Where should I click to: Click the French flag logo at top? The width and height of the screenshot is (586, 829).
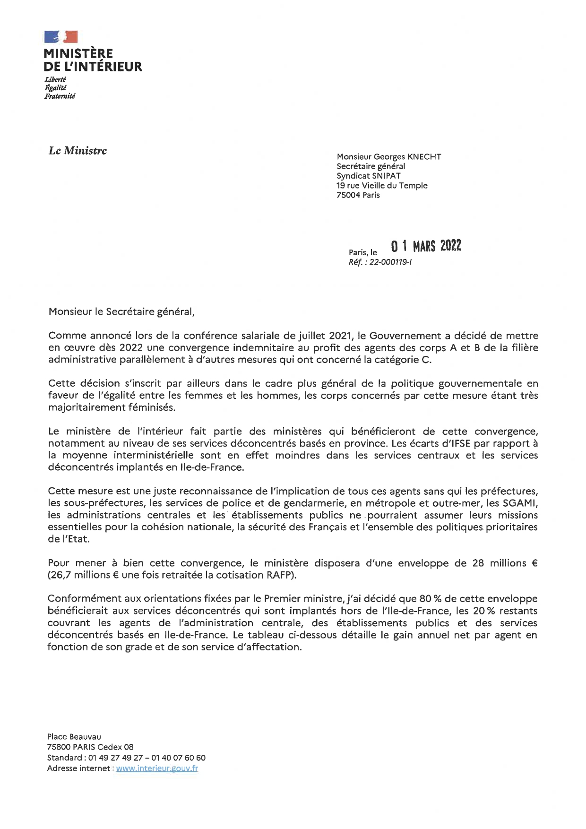pos(60,37)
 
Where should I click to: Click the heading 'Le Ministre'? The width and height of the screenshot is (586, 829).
pos(78,151)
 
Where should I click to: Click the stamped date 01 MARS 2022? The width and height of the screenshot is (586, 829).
pos(426,246)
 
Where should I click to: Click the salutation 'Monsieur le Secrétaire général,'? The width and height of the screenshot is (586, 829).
pos(121,312)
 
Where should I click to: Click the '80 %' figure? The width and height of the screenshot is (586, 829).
pos(430,599)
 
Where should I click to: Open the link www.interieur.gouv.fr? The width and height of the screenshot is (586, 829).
pos(157,769)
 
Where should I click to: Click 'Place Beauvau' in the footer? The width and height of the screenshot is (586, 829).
pos(74,737)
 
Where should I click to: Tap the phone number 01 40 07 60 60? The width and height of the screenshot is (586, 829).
pos(179,758)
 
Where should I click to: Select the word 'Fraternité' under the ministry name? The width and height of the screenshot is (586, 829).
pos(60,96)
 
